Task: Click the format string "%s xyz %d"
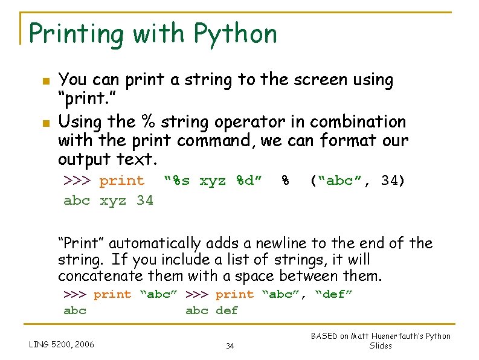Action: tap(213, 181)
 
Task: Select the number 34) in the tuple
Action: tap(393, 181)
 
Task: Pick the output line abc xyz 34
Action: tap(109, 200)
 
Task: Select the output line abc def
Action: tap(211, 310)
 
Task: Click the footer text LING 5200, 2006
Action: tap(62, 345)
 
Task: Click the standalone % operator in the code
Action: tap(285, 181)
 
